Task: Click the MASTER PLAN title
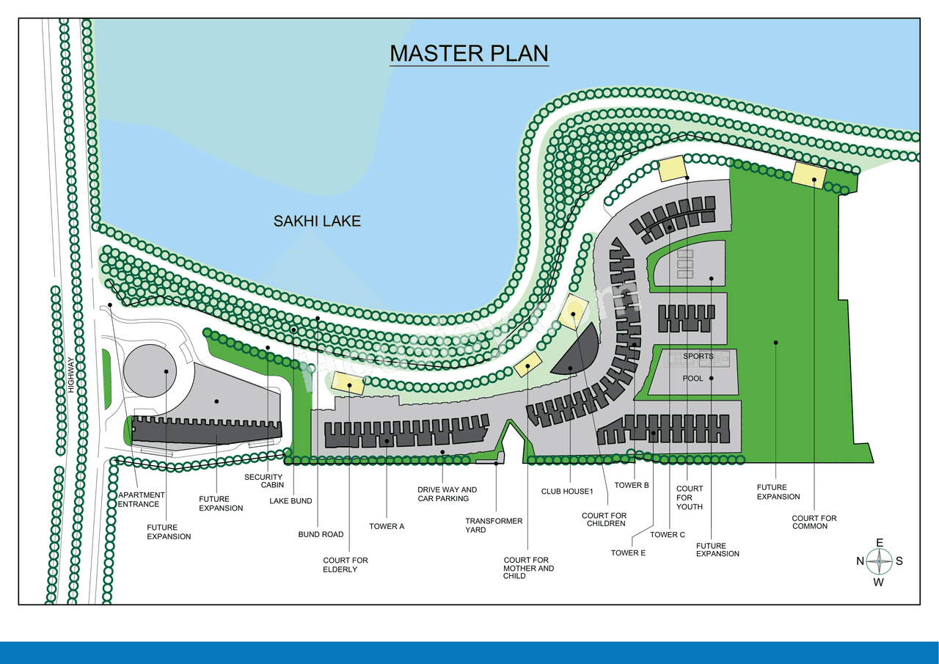click(469, 54)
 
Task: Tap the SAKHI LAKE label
click(317, 221)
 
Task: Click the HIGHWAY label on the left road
click(71, 374)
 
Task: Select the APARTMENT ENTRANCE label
click(142, 500)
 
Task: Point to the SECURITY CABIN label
click(263, 481)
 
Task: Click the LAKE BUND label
click(291, 501)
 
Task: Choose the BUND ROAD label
click(321, 534)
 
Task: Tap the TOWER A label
click(387, 526)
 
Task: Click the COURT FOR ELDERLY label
click(346, 565)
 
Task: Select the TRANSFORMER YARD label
click(494, 525)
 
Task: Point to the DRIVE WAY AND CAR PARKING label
click(447, 494)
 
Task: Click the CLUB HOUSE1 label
click(566, 492)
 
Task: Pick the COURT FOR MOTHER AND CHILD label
click(529, 568)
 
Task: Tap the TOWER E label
click(628, 552)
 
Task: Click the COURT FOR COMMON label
click(814, 522)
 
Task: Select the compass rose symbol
click(879, 562)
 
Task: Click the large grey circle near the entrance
click(150, 371)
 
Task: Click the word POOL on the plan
click(693, 379)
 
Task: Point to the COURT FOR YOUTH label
click(690, 497)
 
